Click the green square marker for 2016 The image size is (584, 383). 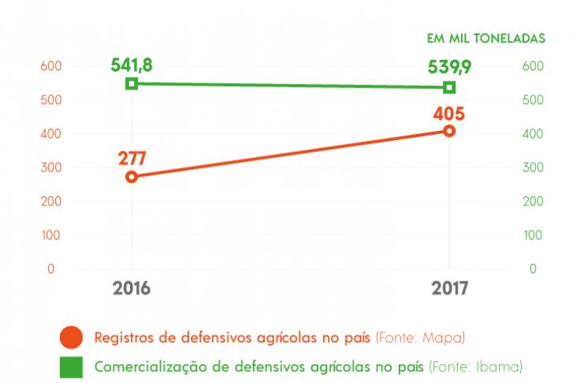point(132,84)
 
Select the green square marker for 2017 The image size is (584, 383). point(449,87)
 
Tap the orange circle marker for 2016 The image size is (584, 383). point(132,177)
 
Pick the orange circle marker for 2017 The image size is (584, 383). point(449,131)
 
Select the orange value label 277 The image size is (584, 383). point(133,157)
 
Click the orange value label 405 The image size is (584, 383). point(448,113)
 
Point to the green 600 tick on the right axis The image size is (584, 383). point(534,66)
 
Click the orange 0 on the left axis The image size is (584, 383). point(50,269)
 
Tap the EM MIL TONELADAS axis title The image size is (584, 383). point(485,38)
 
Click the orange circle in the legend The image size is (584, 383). point(72,337)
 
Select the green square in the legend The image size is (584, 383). point(72,366)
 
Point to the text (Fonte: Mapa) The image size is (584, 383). point(420,337)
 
